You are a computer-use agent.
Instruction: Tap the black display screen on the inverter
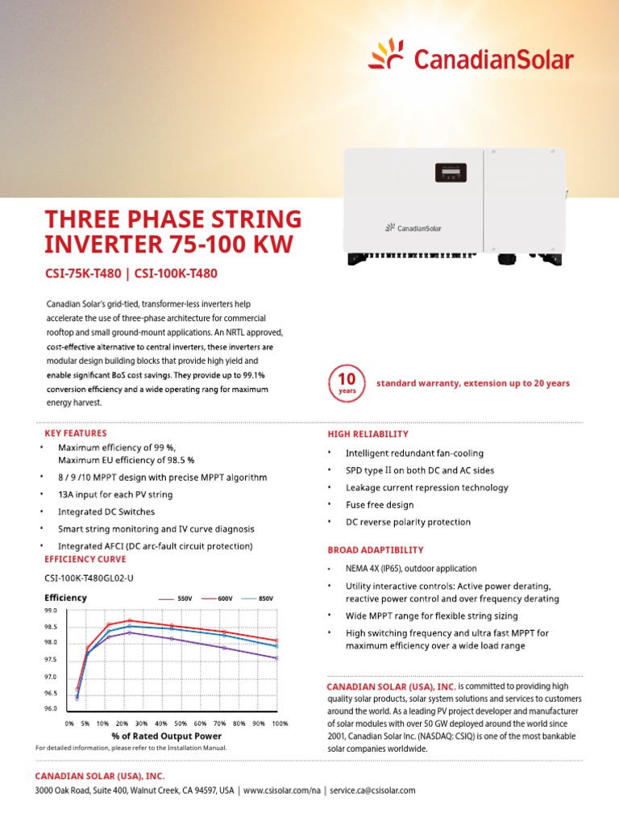pyautogui.click(x=450, y=173)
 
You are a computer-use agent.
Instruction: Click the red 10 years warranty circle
pyautogui.click(x=347, y=383)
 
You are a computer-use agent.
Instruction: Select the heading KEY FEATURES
pyautogui.click(x=75, y=433)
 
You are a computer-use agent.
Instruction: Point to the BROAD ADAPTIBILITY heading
pyautogui.click(x=375, y=549)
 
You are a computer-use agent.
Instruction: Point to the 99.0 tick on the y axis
pyautogui.click(x=50, y=611)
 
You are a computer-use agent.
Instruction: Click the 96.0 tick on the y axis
pyautogui.click(x=50, y=708)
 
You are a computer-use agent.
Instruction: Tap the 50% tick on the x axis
pyautogui.click(x=181, y=724)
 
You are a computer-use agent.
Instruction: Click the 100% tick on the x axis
pyautogui.click(x=280, y=724)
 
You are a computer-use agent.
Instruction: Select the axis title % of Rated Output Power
pyautogui.click(x=166, y=736)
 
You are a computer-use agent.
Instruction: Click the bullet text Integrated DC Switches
pyautogui.click(x=106, y=512)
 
